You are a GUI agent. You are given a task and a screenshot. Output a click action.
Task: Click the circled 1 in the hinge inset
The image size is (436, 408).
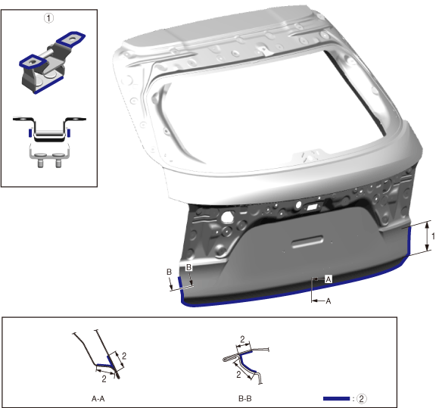point(48,18)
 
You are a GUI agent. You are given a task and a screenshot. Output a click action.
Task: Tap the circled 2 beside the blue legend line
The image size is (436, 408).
point(361,399)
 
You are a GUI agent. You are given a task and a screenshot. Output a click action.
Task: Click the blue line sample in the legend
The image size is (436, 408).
point(336,399)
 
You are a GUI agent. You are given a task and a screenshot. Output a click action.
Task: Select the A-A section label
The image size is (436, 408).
point(98,399)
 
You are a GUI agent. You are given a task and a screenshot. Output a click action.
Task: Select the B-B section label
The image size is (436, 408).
point(245,399)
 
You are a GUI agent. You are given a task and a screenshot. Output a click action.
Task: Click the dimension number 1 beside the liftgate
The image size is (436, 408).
point(433,236)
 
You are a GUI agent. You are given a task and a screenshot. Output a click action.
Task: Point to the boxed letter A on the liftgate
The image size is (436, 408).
point(329,279)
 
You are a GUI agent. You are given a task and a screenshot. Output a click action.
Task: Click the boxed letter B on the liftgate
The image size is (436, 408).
point(188,267)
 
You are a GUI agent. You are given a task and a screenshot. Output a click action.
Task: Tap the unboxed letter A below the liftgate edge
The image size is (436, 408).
point(329,301)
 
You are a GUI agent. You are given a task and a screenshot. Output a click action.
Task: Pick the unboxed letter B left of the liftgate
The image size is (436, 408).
point(169,272)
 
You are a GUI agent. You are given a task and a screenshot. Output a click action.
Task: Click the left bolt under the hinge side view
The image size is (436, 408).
point(41,163)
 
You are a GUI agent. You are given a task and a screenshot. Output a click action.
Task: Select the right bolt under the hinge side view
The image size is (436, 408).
point(58,163)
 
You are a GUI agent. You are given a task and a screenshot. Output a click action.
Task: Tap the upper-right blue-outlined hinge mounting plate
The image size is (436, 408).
point(71,39)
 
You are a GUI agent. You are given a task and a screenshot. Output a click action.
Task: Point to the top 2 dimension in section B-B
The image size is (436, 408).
point(242,339)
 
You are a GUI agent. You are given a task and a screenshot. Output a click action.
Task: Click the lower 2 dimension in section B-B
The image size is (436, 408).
point(238,375)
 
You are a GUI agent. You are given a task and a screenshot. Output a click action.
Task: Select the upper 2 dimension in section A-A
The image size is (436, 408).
point(124,356)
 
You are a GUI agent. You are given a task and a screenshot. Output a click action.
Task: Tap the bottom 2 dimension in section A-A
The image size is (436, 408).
point(104,378)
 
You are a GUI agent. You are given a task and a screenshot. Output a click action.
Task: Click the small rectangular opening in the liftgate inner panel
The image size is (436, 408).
point(312,207)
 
